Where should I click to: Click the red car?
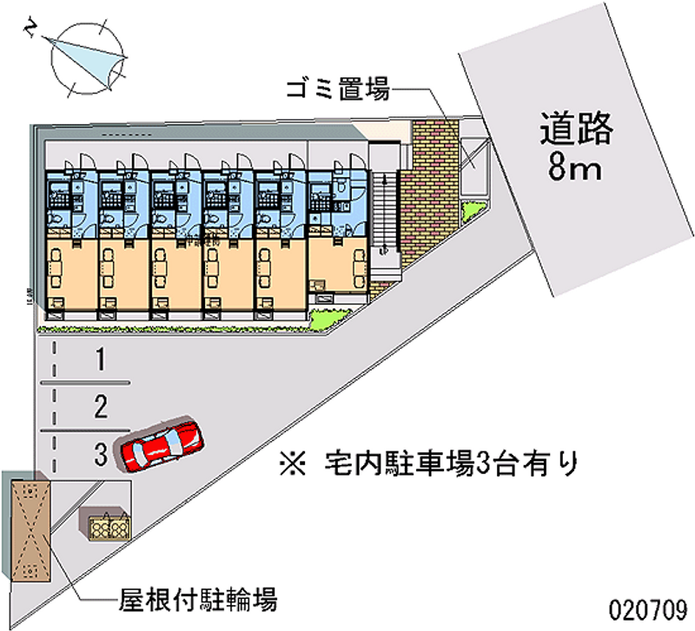coord(162,443)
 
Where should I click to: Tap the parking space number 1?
coord(102,358)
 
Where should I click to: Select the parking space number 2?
coord(102,405)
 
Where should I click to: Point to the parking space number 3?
coord(102,451)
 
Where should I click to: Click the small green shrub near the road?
coord(473,211)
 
